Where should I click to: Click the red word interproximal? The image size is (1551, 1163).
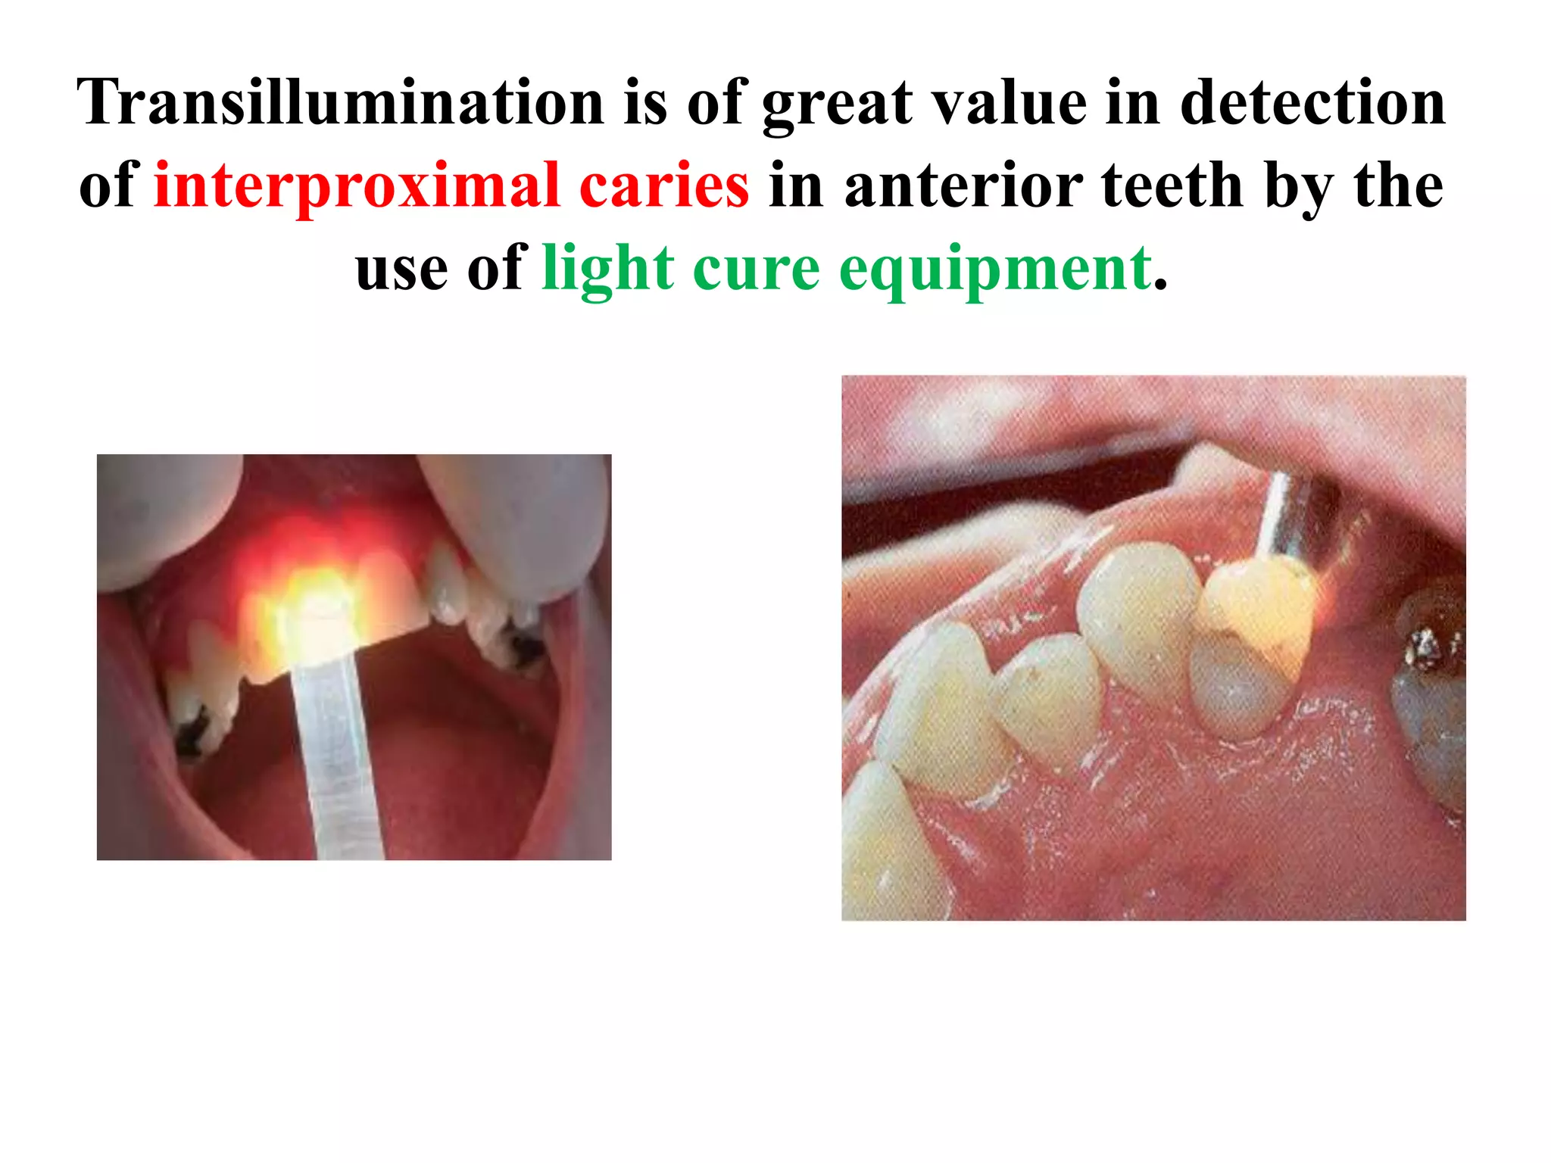[x=356, y=186]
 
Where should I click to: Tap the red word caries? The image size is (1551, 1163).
[x=664, y=186]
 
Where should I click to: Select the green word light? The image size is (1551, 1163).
[x=607, y=269]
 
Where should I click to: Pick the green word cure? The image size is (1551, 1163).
[x=756, y=269]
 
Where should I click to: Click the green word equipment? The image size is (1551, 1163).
[x=996, y=269]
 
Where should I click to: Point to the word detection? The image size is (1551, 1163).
[x=1312, y=103]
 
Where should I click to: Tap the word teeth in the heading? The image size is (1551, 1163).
[x=1172, y=186]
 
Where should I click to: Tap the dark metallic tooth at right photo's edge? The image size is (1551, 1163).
[x=1431, y=681]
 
